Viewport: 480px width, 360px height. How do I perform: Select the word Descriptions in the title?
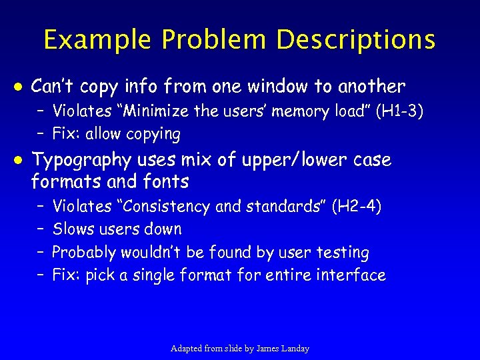(x=356, y=40)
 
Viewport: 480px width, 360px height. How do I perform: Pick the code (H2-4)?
(x=357, y=207)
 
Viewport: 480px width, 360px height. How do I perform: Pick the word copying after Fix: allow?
(x=155, y=134)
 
